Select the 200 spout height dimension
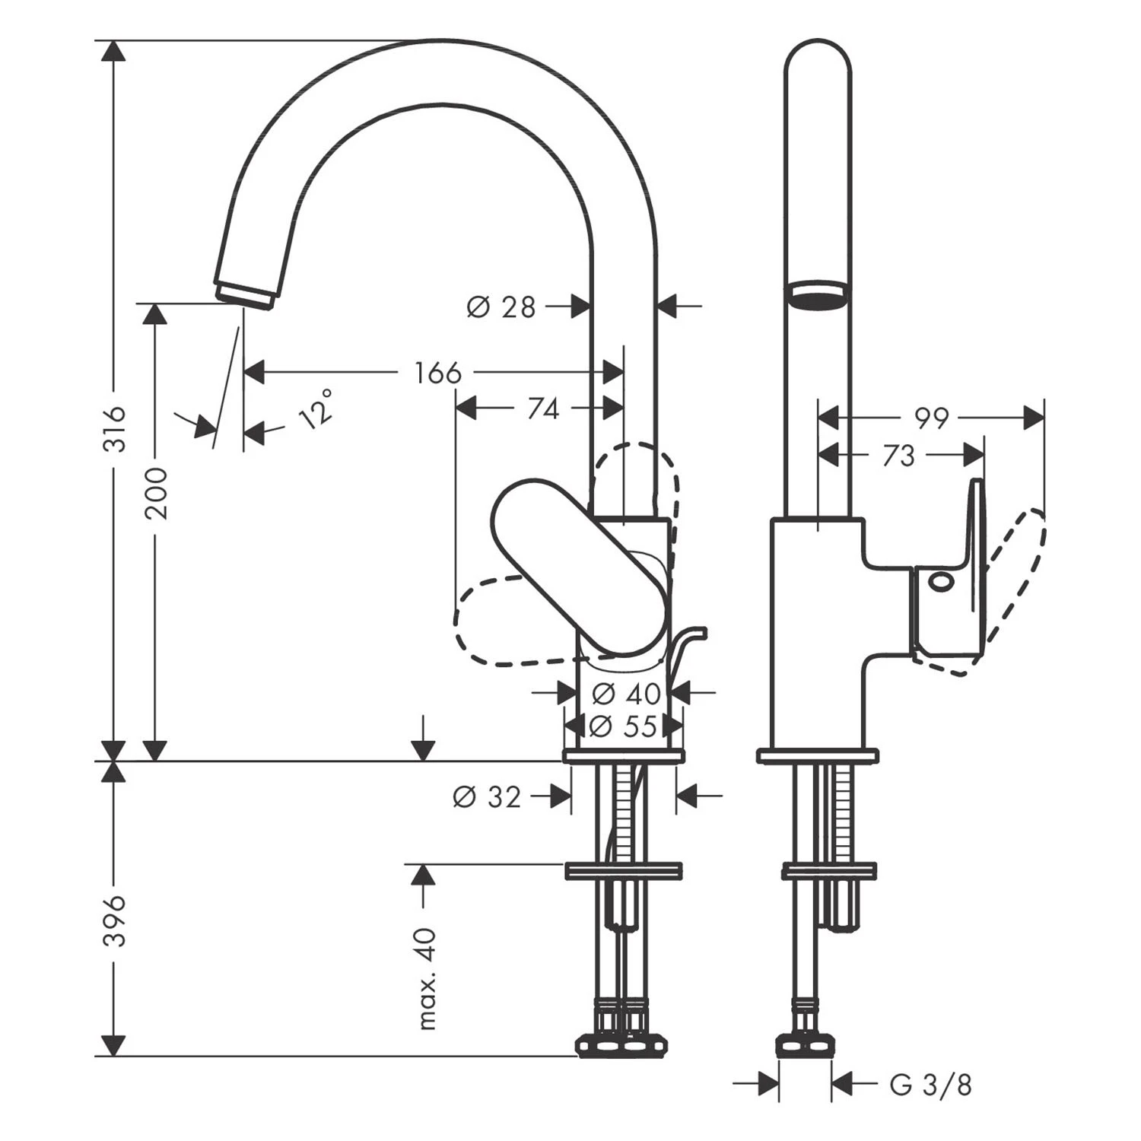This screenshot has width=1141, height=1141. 156,493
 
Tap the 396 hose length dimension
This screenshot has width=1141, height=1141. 113,920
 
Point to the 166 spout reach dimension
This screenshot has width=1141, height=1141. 438,373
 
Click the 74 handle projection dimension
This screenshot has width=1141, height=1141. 543,409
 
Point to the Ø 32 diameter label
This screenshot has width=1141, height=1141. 487,796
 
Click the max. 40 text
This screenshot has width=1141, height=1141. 427,978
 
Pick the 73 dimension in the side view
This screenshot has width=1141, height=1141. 899,456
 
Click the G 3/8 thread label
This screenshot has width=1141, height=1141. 930,1085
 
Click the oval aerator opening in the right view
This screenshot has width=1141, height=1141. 818,294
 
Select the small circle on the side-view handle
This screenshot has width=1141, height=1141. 940,582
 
